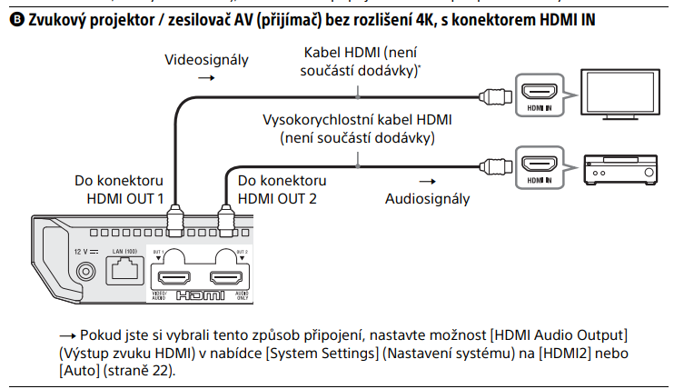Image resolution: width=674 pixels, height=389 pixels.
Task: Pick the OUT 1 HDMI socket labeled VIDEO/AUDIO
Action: pos(173,279)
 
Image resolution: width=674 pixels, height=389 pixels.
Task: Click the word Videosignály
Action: pos(205,60)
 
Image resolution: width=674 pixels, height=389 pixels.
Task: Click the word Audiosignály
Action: pos(427,198)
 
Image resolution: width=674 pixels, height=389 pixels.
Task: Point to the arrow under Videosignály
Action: pos(205,79)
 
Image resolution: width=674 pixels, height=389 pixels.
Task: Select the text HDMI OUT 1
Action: pos(125,197)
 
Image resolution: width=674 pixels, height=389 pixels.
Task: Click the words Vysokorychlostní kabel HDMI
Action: pos(357,120)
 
